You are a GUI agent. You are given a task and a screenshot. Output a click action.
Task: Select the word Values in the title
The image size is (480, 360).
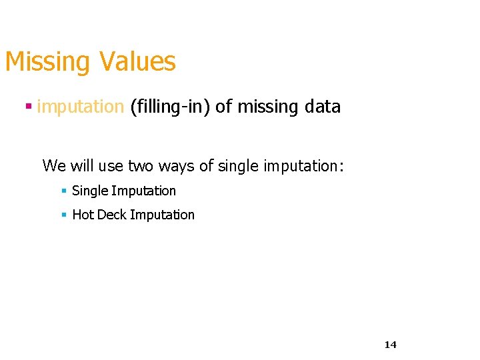pyautogui.click(x=138, y=61)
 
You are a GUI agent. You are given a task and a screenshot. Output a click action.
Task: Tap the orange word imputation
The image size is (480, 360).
pyautogui.click(x=81, y=106)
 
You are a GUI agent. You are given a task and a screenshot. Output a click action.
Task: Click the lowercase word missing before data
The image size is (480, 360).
pyautogui.click(x=266, y=107)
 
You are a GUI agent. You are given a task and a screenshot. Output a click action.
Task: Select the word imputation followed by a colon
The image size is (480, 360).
pyautogui.click(x=304, y=165)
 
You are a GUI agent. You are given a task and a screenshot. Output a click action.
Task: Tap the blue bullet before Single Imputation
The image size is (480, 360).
pyautogui.click(x=63, y=191)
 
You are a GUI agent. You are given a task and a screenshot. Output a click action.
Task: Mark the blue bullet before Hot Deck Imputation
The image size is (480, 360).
pyautogui.click(x=63, y=215)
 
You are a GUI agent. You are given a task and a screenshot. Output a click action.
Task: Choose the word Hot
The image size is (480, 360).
pyautogui.click(x=83, y=215)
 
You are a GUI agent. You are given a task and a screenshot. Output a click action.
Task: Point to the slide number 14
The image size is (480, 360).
pyautogui.click(x=391, y=345)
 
